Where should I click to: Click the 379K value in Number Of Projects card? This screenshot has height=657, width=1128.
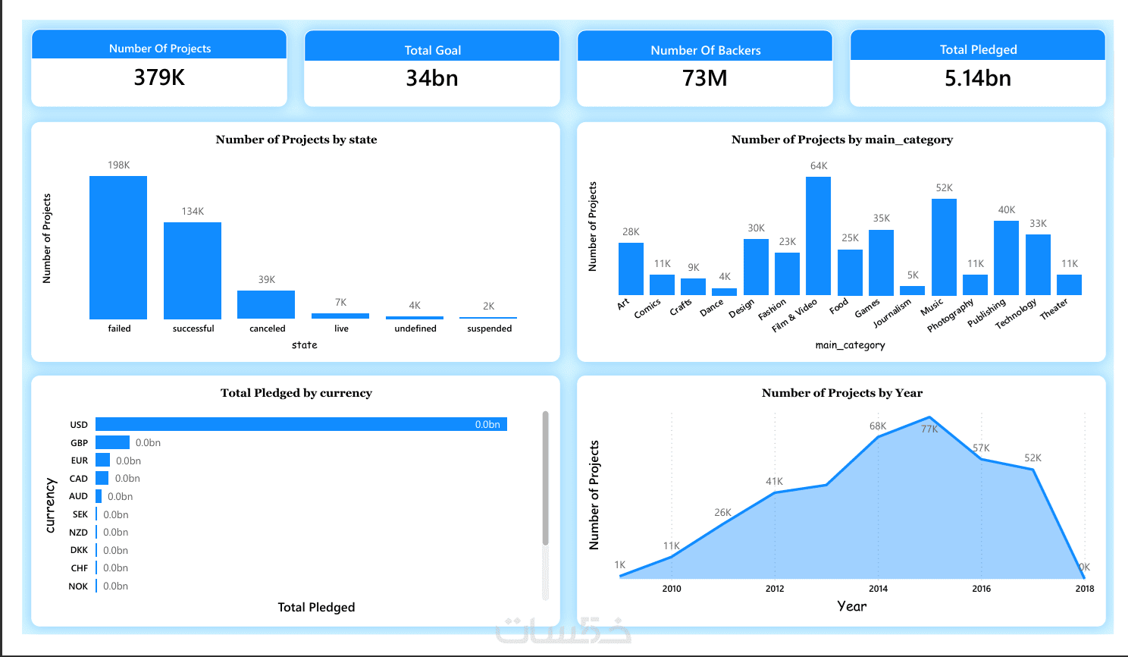tap(159, 77)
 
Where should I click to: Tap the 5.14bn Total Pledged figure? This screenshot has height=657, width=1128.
tap(977, 78)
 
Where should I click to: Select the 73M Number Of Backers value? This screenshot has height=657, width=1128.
tap(704, 78)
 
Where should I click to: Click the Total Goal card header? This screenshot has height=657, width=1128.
tap(432, 50)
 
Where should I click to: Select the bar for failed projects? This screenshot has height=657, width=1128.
tap(118, 247)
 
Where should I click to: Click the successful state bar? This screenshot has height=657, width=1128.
tap(193, 270)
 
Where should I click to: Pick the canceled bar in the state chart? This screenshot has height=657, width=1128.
tap(266, 304)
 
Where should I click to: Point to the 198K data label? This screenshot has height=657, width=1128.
tap(119, 165)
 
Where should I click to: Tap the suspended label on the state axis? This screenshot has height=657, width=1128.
tap(489, 328)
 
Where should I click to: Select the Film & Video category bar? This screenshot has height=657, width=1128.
tap(818, 236)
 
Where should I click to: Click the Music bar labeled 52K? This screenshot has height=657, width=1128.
tap(944, 247)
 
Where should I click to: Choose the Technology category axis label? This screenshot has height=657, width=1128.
tap(1016, 313)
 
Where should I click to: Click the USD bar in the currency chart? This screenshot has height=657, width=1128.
tap(301, 424)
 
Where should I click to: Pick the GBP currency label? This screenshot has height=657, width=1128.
tap(79, 442)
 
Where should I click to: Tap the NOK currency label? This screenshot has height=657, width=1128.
tap(78, 586)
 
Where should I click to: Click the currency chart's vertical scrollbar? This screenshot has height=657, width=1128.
tap(545, 478)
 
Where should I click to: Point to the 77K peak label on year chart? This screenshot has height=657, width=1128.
tap(929, 429)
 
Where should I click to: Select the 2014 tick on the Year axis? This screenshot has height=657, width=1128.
tap(878, 588)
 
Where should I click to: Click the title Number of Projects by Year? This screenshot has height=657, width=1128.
tap(841, 393)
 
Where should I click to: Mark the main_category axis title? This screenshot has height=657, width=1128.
tap(850, 345)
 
